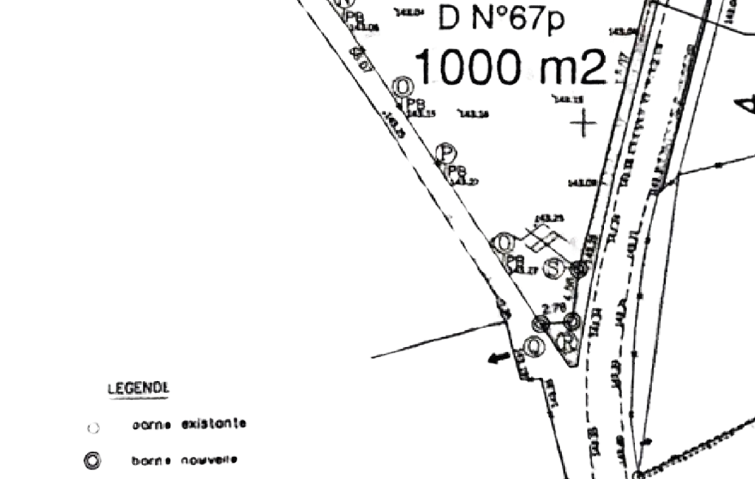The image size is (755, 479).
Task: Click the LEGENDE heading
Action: (138, 388)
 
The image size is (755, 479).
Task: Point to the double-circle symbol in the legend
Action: (92, 461)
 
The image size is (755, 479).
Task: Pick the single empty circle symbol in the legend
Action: (93, 427)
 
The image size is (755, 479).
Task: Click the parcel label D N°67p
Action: (501, 18)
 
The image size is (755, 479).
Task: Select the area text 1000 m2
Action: (510, 66)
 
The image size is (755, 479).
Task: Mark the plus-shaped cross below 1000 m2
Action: (583, 124)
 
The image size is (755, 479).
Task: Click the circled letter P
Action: (446, 153)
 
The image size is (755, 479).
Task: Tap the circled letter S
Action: (554, 269)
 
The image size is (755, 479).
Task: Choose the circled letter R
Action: (566, 341)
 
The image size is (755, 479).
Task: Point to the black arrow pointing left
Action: (499, 358)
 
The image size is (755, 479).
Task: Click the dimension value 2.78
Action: (552, 307)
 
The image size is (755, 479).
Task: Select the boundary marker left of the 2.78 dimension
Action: (541, 323)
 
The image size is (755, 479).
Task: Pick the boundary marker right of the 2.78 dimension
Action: (572, 321)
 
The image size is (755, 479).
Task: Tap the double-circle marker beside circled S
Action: (580, 268)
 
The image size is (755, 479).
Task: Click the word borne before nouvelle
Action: (152, 461)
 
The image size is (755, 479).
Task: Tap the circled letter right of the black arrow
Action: (534, 346)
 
